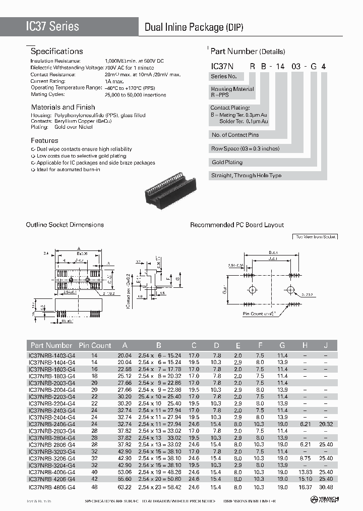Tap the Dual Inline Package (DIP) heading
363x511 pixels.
[x=194, y=27]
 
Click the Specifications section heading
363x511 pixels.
[x=56, y=52]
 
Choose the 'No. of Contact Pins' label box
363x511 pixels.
[x=235, y=135]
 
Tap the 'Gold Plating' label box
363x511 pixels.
[x=227, y=162]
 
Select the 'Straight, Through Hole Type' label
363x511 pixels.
[x=247, y=176]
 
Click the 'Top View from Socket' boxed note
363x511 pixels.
[x=315, y=236]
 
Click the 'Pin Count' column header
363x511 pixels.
[x=95, y=345]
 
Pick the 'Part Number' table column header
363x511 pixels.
[x=51, y=345]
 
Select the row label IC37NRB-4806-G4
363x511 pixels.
[x=52, y=487]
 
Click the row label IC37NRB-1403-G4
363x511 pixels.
[x=52, y=355]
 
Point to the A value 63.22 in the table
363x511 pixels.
[x=124, y=487]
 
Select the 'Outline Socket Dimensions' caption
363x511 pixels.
[x=65, y=225]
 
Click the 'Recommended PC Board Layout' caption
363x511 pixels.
[x=237, y=225]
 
